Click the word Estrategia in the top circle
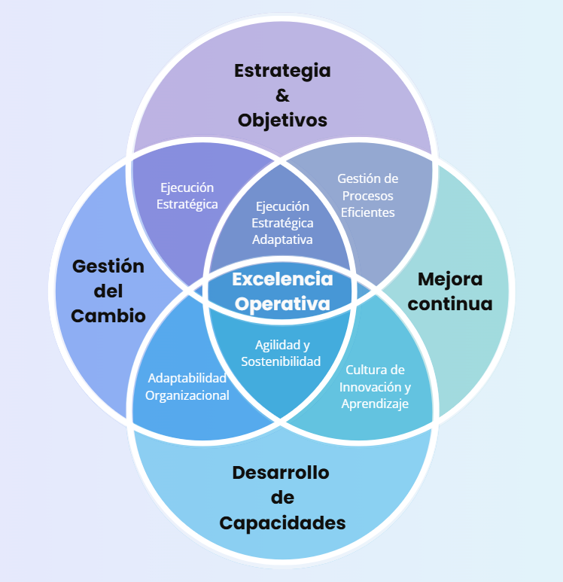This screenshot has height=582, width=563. pos(282,72)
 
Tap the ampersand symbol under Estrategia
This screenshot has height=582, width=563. pos(282,96)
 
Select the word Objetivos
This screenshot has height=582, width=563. pos(282,120)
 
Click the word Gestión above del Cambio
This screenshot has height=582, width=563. pos(108,266)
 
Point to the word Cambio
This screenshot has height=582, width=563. pos(108,315)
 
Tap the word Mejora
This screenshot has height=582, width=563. pos(450,279)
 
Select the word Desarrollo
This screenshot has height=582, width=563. pos(281,473)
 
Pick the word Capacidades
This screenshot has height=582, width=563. pos(282,523)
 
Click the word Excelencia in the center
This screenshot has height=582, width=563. pos(282,279)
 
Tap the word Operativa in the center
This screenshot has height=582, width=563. pos(282,303)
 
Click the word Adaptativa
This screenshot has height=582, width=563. pos(282,239)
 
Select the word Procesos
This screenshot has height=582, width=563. pos(367,196)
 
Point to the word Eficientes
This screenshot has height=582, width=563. pos(367,212)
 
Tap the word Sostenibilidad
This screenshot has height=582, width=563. pos(281,361)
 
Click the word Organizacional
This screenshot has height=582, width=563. pos(187,395)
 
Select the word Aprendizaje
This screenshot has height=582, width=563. pos(375,404)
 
